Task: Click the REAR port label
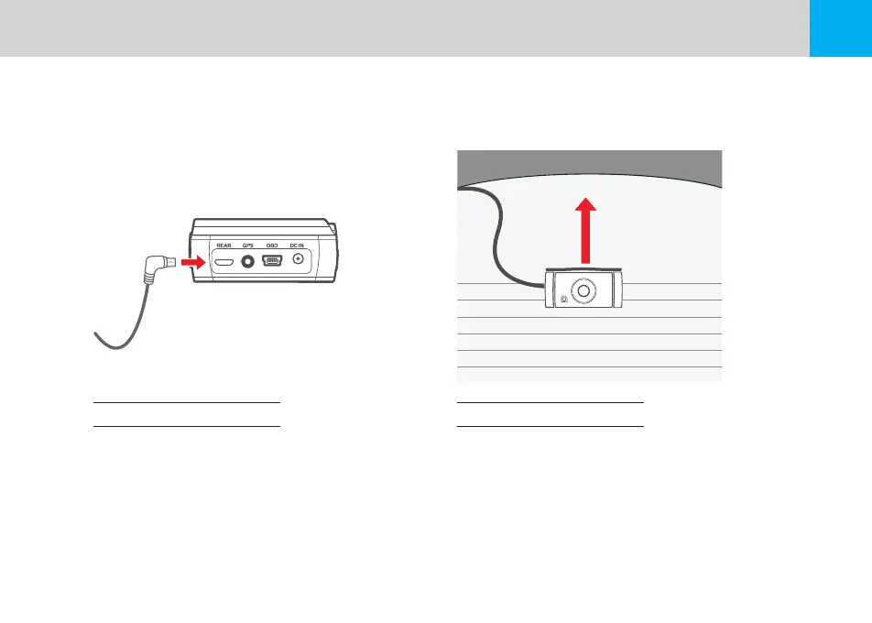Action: click(224, 246)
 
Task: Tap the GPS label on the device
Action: click(248, 246)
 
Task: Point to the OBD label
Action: click(272, 246)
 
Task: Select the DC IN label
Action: click(297, 246)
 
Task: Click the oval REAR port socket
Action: click(224, 261)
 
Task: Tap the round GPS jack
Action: click(248, 261)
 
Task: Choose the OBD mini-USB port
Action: click(272, 261)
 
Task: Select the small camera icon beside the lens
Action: click(561, 300)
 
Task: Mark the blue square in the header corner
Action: click(841, 28)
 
